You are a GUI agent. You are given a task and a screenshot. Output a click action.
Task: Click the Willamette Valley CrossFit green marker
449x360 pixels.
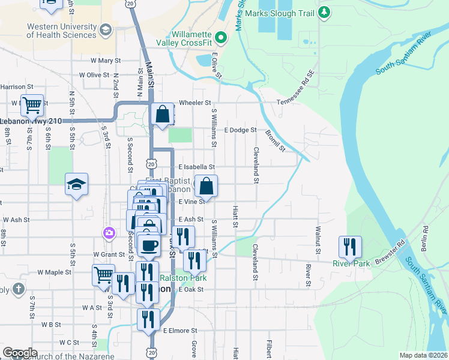tap(221, 38)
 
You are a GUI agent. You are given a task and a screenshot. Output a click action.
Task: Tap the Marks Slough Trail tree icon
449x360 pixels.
tap(325, 12)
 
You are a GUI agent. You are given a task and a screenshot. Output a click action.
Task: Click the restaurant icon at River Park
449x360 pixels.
tap(349, 247)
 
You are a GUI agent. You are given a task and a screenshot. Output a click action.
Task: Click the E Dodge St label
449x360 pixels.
tap(240, 130)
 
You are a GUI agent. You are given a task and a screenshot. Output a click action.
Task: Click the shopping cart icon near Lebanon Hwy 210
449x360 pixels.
tap(32, 106)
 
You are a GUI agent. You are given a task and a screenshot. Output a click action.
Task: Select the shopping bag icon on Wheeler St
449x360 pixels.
tap(163, 113)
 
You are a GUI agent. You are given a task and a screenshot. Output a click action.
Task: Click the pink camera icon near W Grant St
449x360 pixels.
tap(109, 233)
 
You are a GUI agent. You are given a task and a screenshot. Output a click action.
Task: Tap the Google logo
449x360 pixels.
tap(20, 353)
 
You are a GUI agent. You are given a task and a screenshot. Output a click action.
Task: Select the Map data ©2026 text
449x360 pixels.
tap(423, 355)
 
